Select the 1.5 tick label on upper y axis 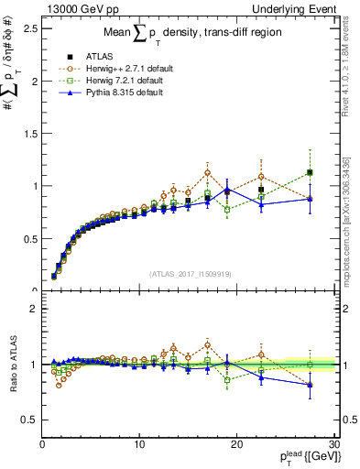(x=28, y=133)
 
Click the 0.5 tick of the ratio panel (x=28, y=420)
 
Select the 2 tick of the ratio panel (x=32, y=309)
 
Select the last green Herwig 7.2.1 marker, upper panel (x=310, y=172)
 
